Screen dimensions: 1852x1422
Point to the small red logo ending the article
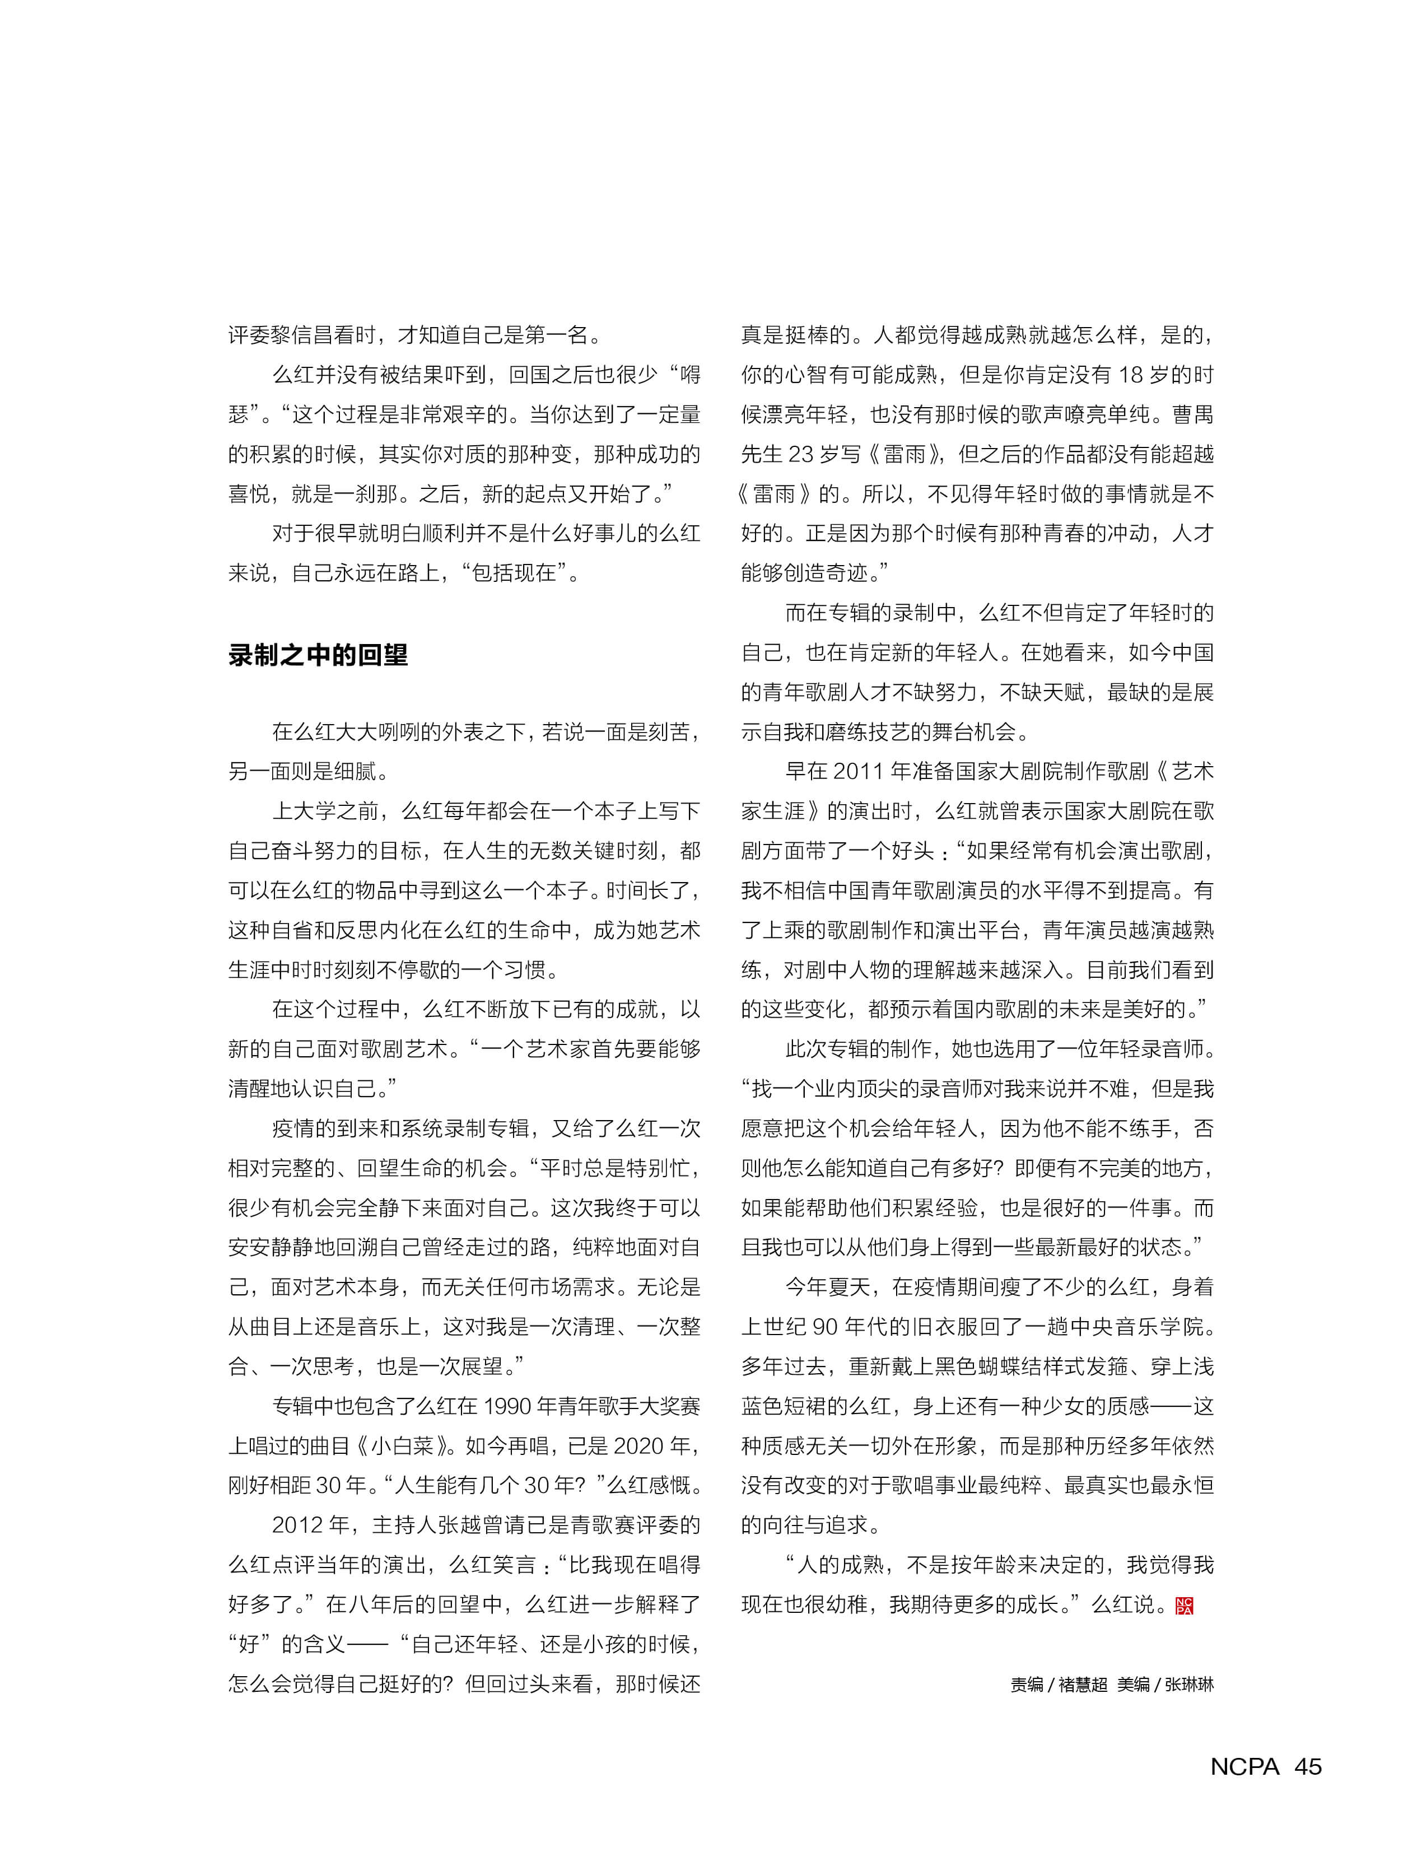1184,1606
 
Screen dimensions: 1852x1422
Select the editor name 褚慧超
1083,1685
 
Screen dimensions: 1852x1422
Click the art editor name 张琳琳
1189,1685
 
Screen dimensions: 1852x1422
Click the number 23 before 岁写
801,455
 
